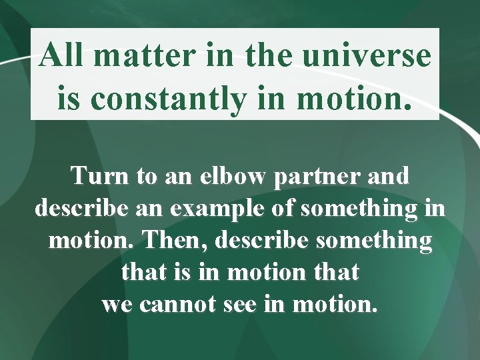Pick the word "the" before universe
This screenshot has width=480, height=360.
[270, 55]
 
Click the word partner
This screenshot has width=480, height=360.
[322, 177]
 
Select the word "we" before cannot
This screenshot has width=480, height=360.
[117, 305]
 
